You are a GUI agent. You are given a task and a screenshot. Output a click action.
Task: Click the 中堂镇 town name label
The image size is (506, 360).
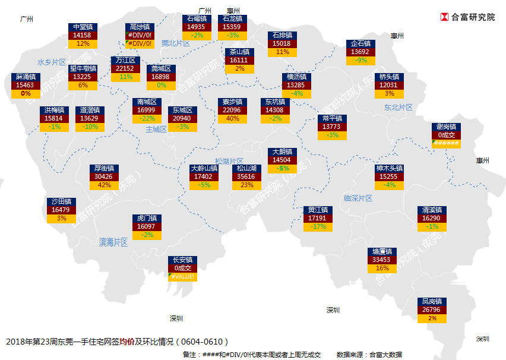(x=82, y=27)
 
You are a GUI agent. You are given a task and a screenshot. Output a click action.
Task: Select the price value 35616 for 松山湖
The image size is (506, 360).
(x=245, y=176)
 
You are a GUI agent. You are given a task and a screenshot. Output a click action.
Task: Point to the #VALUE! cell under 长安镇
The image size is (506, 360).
(x=182, y=276)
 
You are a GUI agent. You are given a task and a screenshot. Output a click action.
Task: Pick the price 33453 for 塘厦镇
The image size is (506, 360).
(x=381, y=260)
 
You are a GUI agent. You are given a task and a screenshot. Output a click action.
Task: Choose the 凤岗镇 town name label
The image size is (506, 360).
(x=432, y=301)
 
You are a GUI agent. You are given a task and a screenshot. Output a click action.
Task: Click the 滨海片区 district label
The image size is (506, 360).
(x=113, y=242)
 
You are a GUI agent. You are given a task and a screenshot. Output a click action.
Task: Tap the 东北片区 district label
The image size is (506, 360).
(x=398, y=108)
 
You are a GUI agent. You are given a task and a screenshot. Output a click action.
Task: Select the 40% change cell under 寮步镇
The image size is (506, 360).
(x=233, y=118)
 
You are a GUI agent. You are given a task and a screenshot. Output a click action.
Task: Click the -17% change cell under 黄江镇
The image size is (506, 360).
(x=318, y=226)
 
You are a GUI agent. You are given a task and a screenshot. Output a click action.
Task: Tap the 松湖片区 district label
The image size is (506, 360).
(x=229, y=161)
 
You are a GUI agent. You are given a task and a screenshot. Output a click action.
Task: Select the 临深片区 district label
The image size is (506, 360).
(x=358, y=198)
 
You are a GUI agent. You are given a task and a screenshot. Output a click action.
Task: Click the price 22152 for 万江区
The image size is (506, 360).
(x=125, y=68)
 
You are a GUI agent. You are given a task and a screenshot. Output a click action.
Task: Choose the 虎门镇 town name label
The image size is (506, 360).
(x=146, y=218)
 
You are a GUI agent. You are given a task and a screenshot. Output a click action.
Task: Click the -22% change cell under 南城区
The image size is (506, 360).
(x=146, y=118)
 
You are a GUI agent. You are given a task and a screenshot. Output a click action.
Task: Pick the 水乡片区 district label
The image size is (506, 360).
(x=51, y=62)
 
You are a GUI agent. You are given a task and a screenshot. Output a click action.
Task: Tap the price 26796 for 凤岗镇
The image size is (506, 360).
(x=432, y=310)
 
